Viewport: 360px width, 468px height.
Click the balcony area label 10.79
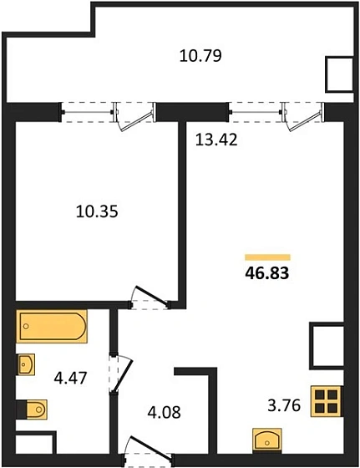point(200,56)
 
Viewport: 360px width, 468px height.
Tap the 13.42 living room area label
point(216,140)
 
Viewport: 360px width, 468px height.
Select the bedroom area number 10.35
point(97,211)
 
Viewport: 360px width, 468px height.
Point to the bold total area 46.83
point(267,272)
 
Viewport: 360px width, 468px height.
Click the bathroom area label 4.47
point(70,378)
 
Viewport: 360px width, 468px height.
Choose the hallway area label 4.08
point(164,412)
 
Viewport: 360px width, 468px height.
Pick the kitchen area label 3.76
point(284,405)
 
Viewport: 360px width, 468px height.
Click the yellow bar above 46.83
point(267,257)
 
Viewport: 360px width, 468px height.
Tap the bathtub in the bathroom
point(52,326)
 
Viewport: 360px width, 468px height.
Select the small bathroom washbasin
point(26,364)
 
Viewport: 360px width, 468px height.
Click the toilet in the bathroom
point(35,409)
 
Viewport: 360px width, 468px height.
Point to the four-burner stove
point(326,401)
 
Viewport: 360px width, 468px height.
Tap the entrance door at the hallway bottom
point(148,450)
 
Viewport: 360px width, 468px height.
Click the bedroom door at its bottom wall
point(150,298)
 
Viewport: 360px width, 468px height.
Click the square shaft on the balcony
point(339,74)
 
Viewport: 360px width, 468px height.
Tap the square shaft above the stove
point(327,346)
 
